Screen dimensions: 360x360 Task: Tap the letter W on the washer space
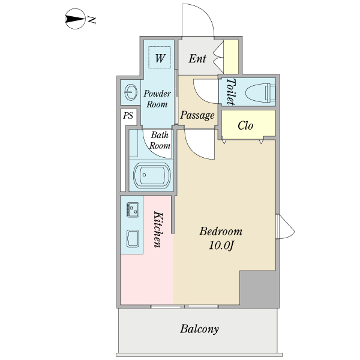[x=160, y=58]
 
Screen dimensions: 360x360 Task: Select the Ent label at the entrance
[x=197, y=59]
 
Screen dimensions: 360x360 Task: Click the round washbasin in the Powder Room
[x=130, y=92]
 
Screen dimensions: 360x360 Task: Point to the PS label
[x=128, y=116]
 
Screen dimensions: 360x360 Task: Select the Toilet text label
[x=231, y=92]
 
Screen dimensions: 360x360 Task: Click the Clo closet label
[x=245, y=125]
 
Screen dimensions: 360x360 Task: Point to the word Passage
[x=197, y=115]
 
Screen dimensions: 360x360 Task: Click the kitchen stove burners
[x=133, y=209]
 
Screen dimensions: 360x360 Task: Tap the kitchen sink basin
[x=132, y=239]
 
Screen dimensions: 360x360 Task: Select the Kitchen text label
[x=158, y=229]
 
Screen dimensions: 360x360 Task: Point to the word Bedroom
[x=221, y=232]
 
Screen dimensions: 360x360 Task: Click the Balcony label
[x=199, y=329]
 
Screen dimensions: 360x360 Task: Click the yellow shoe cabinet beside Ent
[x=231, y=56]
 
